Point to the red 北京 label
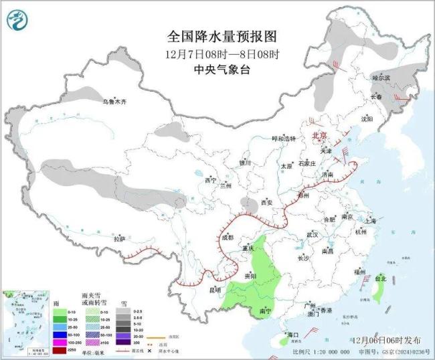click(319, 136)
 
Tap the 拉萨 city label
click(119, 239)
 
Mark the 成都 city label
click(227, 238)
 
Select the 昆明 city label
click(215, 290)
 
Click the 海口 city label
click(291, 334)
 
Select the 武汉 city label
click(312, 235)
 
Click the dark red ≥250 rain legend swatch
click(60, 350)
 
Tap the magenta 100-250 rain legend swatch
click(60, 343)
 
